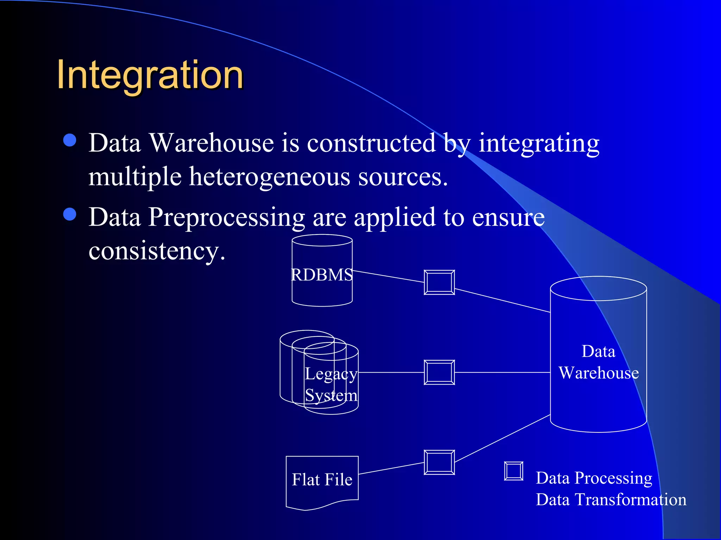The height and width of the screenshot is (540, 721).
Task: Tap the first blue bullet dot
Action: coord(70,140)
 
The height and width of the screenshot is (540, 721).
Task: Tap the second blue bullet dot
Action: coord(70,214)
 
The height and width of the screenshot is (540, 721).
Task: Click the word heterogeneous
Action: coord(269,176)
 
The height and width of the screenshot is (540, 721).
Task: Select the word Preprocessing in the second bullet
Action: coord(226,217)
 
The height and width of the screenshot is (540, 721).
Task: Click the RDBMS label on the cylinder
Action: coord(322,275)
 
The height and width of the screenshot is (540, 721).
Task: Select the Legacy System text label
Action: coord(331,384)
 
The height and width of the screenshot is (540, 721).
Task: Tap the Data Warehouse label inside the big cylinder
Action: coord(598,362)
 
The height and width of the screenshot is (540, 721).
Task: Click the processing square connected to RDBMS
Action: coord(439,282)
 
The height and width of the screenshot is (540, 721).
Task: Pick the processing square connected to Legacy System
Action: coord(439,372)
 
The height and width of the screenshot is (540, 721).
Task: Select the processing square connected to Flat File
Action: coord(439,462)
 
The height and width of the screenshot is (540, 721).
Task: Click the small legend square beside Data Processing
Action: coord(513,471)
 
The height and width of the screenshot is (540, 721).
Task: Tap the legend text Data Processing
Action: coord(594,478)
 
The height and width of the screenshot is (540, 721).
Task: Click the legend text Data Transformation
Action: coord(611,500)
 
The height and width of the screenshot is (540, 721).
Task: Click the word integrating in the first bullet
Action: coord(539,143)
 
